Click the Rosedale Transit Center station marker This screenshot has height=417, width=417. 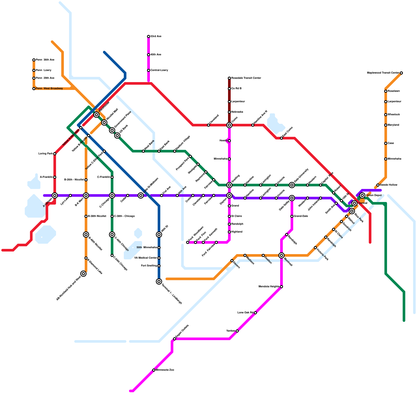229,78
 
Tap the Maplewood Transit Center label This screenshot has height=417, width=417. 383,73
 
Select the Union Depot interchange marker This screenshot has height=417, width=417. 362,195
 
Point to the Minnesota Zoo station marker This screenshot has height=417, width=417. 154,370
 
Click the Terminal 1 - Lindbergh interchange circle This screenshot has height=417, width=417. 159,281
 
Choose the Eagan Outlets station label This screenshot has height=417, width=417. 182,332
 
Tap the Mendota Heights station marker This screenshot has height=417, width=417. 281,287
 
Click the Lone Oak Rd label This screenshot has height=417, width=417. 245,313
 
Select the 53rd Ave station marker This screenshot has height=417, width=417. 149,36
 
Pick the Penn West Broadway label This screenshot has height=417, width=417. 49,89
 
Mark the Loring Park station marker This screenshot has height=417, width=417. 55,154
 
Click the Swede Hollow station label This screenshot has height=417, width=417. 389,185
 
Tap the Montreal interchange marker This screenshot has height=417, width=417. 281,255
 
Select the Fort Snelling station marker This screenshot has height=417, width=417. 159,266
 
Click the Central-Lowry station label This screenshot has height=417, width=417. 159,70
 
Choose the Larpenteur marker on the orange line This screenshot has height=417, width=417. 386,102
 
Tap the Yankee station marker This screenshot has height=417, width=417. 237,331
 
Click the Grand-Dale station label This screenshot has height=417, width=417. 301,216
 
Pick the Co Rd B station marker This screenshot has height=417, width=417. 229,89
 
